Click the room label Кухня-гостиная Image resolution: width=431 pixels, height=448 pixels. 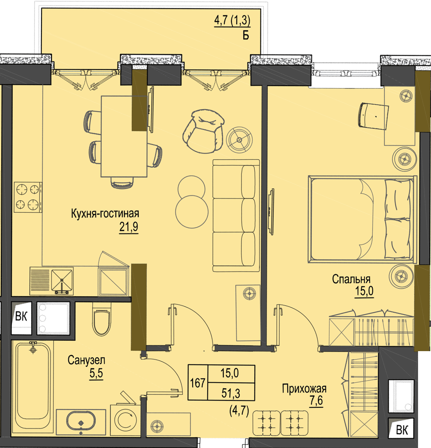click(x=105, y=214)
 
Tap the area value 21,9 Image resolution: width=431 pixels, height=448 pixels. click(x=129, y=227)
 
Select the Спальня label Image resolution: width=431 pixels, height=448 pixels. click(x=351, y=279)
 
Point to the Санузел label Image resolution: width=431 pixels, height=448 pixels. click(x=86, y=360)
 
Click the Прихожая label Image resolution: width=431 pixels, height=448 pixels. click(x=304, y=389)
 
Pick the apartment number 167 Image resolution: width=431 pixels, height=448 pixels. click(x=198, y=383)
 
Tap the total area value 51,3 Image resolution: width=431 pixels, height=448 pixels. click(x=231, y=393)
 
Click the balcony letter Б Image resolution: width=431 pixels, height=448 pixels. click(x=246, y=35)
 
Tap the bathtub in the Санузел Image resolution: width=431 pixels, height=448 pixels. click(x=33, y=385)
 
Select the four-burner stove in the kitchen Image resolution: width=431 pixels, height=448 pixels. click(x=28, y=197)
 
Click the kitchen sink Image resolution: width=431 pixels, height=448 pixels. click(x=62, y=281)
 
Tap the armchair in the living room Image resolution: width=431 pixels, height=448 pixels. click(x=203, y=130)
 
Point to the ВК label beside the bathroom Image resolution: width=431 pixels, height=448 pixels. click(x=21, y=317)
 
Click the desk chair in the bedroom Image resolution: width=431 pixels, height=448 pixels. click(x=373, y=116)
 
